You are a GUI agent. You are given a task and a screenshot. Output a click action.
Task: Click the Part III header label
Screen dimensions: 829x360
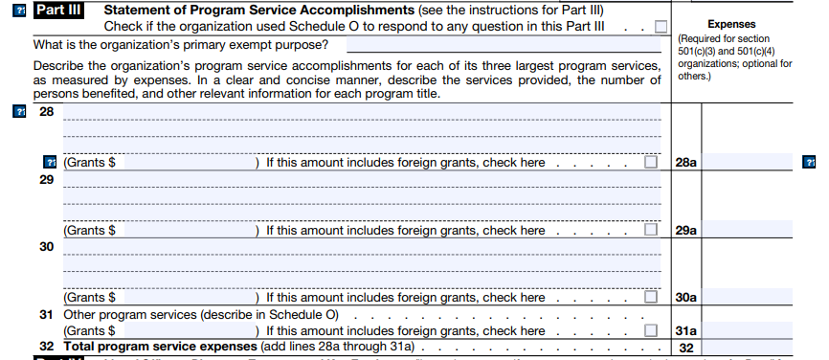59,11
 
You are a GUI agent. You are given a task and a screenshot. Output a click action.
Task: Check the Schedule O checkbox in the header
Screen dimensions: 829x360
661,28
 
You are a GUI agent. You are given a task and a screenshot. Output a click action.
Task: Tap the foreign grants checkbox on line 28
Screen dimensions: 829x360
651,163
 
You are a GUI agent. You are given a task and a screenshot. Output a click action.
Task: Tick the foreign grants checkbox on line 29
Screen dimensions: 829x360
651,230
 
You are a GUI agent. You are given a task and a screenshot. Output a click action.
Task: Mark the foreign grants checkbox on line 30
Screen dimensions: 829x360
651,297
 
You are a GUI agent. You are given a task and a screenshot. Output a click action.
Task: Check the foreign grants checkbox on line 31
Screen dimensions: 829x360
651,330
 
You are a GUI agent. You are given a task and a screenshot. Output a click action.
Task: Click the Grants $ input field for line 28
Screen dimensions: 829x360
190,163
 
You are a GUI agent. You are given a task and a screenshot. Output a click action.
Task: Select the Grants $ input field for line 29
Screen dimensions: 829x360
190,230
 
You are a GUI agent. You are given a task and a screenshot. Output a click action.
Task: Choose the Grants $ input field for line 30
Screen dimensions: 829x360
190,297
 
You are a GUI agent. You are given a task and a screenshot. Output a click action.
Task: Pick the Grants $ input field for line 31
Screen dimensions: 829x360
190,330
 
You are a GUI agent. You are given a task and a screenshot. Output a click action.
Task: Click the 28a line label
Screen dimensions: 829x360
685,163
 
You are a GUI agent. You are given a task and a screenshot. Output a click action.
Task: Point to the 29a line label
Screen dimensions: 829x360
685,230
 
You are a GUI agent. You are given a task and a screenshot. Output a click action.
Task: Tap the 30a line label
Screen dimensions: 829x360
685,297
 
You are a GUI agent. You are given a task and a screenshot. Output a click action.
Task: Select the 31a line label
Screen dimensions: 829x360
685,330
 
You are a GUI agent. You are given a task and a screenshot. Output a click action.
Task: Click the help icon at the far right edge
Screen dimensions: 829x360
810,163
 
